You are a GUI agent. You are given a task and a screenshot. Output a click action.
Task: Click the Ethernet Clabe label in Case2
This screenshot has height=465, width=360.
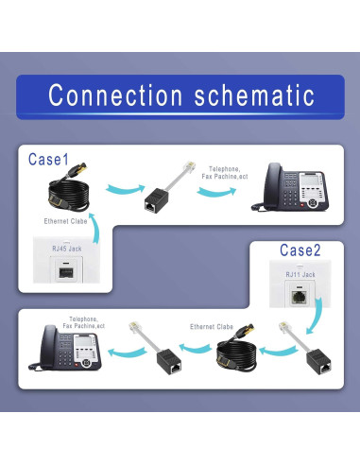(x=211, y=326)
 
